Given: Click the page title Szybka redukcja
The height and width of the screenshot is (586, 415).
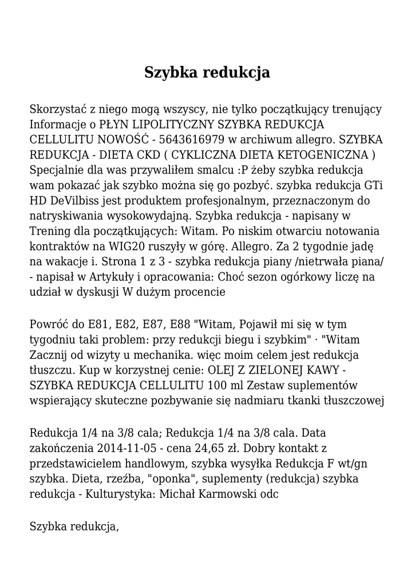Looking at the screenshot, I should (x=207, y=73).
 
